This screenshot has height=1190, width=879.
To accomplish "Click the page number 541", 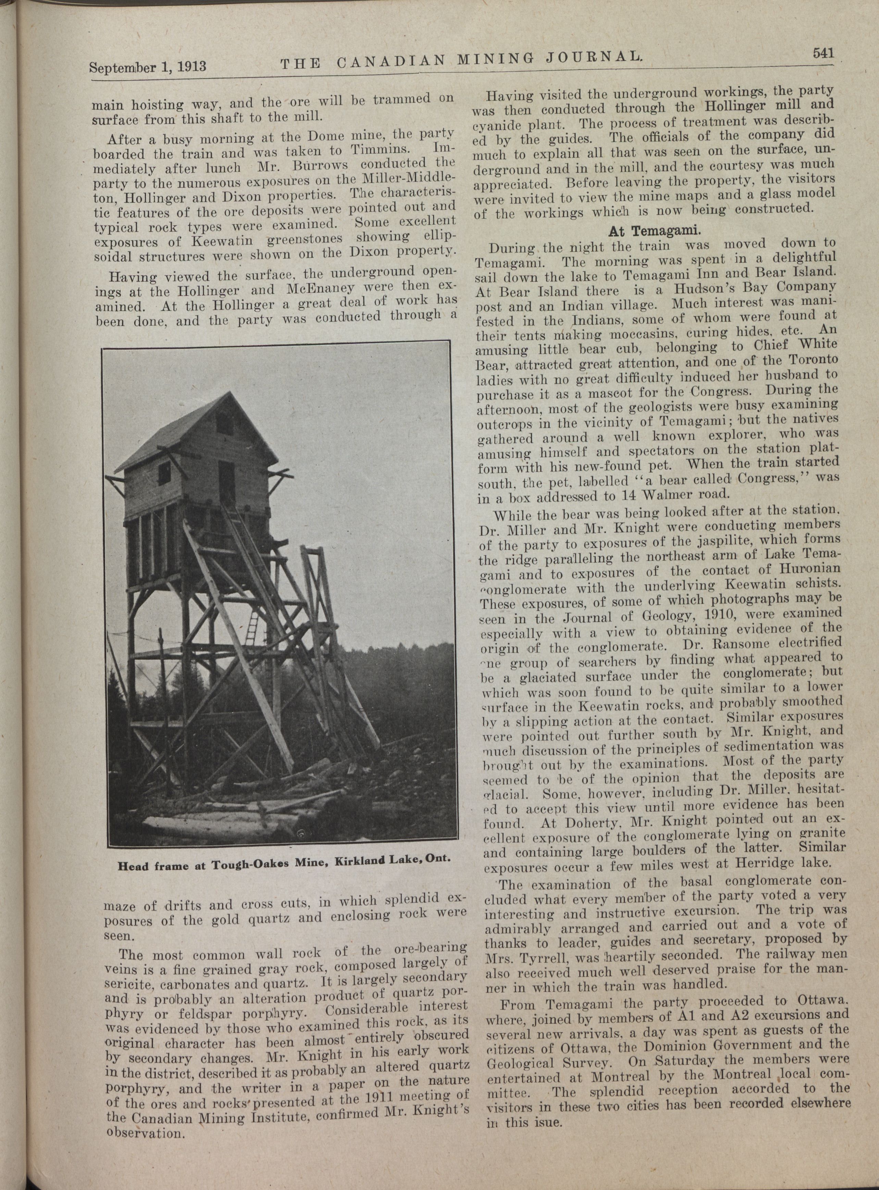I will click(x=822, y=53).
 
